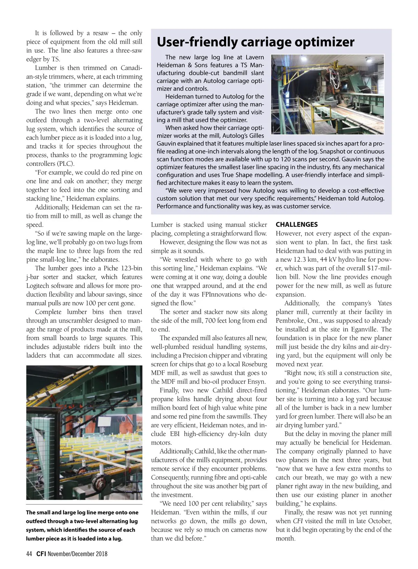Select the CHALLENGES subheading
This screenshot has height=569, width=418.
(x=296, y=225)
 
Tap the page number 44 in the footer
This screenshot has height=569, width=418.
(x=29, y=554)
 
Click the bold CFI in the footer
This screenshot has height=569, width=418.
(x=41, y=554)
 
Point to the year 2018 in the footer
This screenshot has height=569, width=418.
(x=101, y=554)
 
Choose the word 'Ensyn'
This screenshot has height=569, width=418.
(x=256, y=382)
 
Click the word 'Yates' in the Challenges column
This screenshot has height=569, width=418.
(x=385, y=303)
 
